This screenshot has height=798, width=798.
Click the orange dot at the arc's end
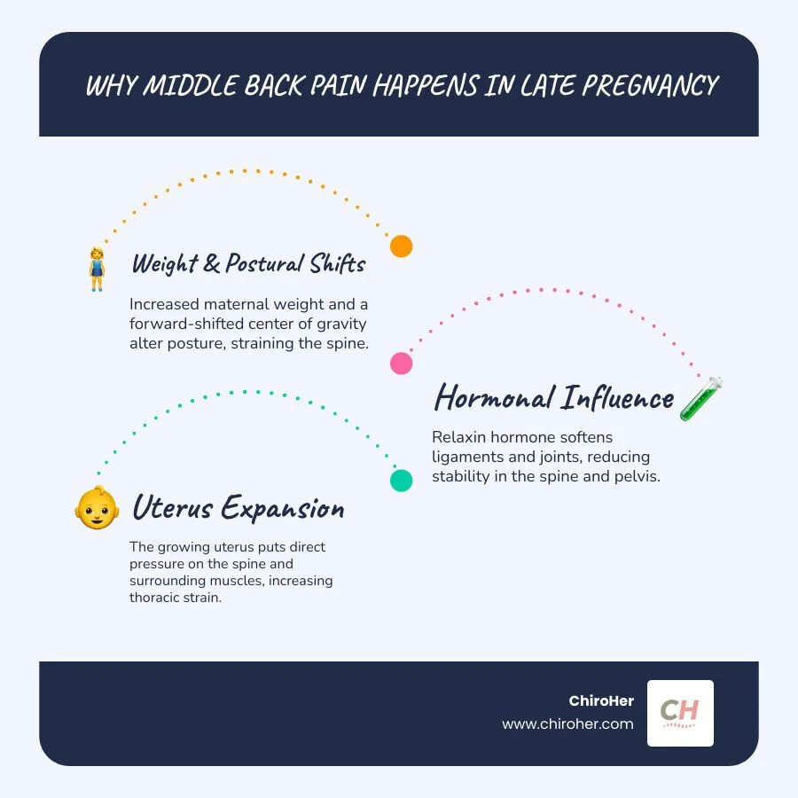pos(401,246)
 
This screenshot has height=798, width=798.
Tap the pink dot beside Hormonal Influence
pos(401,363)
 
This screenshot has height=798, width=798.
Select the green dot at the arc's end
pos(401,480)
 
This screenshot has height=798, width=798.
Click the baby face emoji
pos(97,508)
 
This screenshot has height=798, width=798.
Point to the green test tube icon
pos(701,398)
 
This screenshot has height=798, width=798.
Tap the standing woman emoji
pos(97,269)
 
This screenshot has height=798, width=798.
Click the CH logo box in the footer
pos(680,713)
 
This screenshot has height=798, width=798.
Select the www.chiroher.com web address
pos(567,724)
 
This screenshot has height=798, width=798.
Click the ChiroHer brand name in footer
pos(601,700)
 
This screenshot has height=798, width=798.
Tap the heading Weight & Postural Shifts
pos(248,263)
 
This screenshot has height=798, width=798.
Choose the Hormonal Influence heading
pos(553,398)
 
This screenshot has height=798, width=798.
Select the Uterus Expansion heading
pos(238,509)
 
